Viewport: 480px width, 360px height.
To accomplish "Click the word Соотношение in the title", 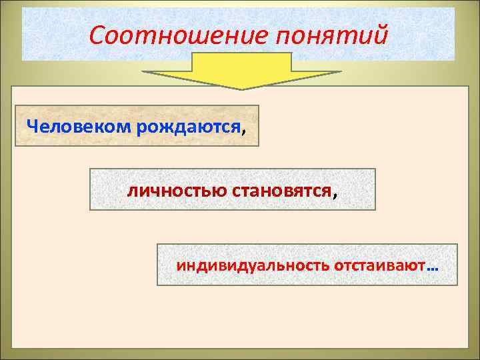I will [176, 35].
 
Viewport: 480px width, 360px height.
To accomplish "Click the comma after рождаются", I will [243, 130].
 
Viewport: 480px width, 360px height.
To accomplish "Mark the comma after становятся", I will [333, 195].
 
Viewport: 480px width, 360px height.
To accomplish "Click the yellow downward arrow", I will [242, 70].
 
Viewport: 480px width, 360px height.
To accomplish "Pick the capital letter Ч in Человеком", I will [31, 126].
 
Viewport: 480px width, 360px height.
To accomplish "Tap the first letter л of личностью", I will [132, 191].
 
